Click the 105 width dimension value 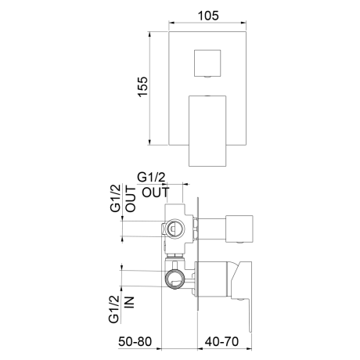click(208, 16)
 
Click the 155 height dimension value click(142, 87)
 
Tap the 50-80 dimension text click(135, 341)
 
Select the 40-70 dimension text click(221, 341)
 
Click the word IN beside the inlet click(129, 303)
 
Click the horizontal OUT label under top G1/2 click(156, 193)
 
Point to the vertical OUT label click(131, 199)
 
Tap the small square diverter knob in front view click(207, 63)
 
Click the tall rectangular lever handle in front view click(207, 131)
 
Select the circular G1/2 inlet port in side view click(175, 279)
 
